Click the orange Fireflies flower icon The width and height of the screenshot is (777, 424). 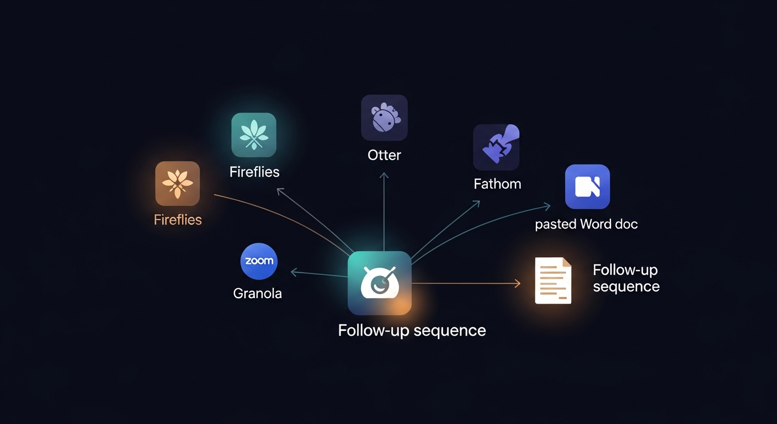point(177,184)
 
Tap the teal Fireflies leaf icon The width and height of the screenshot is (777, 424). point(254,135)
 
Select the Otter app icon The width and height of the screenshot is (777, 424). point(384,118)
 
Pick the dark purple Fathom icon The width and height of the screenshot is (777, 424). point(496,147)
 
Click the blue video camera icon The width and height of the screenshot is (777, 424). point(587,187)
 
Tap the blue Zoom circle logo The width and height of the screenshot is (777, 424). point(259,261)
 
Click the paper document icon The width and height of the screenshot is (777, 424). point(553,280)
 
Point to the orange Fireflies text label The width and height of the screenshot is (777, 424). point(178,220)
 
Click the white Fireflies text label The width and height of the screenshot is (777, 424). point(254,172)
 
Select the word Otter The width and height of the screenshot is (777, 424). point(384,155)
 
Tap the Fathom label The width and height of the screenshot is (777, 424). point(497,184)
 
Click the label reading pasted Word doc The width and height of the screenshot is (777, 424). point(587,224)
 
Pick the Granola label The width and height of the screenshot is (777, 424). point(257,293)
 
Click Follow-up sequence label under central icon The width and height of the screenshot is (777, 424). point(412,331)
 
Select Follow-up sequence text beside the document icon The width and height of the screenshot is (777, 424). point(626,278)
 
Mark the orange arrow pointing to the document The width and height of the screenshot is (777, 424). point(469,283)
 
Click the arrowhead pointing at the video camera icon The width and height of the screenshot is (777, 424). point(547,206)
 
